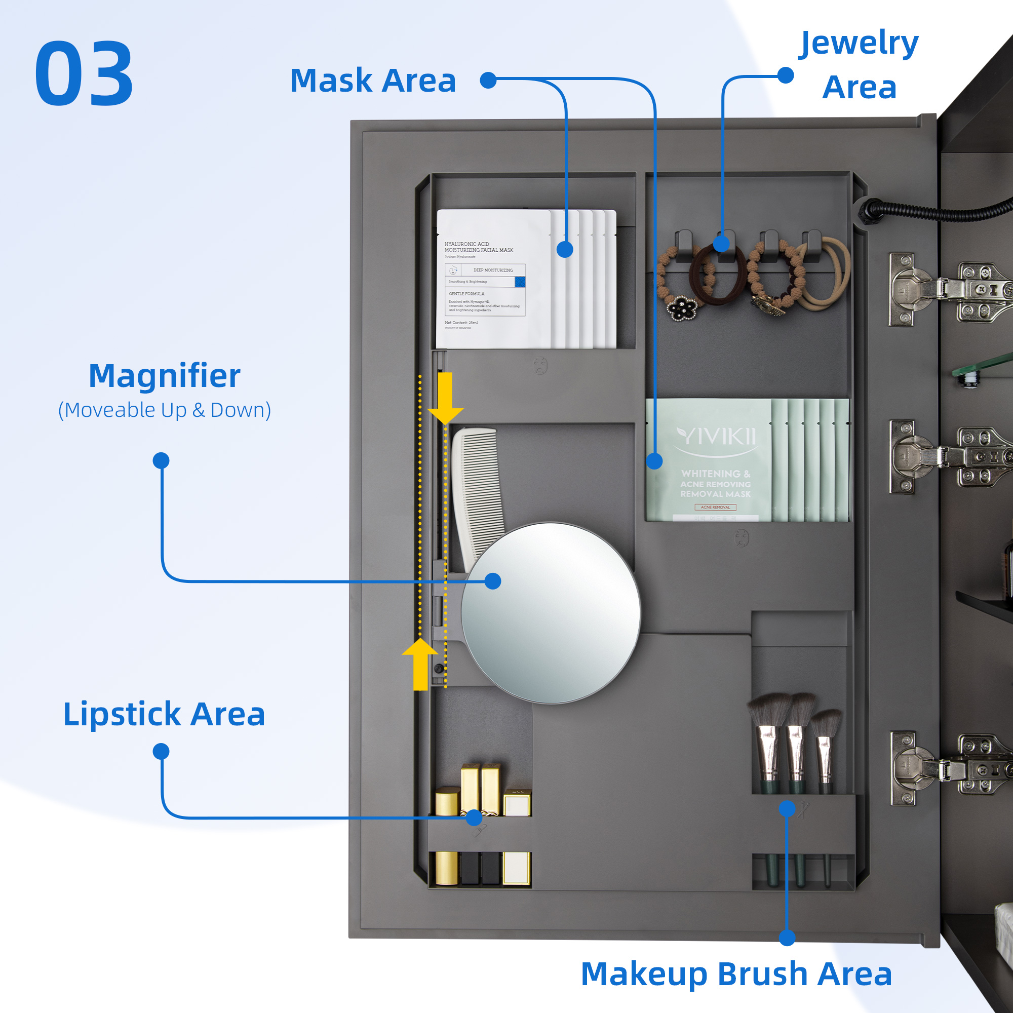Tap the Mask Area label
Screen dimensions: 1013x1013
(373, 81)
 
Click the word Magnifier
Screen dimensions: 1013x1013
(164, 376)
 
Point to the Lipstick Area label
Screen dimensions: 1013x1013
(164, 714)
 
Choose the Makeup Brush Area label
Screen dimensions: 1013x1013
(736, 973)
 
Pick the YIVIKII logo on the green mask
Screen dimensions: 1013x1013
(716, 436)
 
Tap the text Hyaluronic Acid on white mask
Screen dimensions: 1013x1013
(466, 244)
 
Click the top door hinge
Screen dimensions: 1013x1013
(949, 289)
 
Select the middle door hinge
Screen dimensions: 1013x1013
(949, 457)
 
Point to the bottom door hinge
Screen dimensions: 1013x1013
(949, 769)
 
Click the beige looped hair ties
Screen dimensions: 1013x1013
(826, 272)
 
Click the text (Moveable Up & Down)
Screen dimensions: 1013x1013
(164, 410)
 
